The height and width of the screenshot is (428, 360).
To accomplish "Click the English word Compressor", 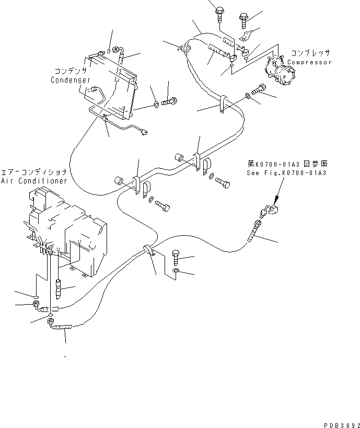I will pos(309,62).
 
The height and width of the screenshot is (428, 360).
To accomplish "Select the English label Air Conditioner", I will pos(34,181).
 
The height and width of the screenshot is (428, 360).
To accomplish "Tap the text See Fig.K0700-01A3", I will pos(286,172).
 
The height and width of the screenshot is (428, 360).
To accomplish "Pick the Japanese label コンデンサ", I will pos(72,71).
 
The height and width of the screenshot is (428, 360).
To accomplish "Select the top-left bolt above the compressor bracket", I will pos(219,10).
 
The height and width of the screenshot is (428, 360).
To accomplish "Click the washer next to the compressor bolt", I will pos(247,96).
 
